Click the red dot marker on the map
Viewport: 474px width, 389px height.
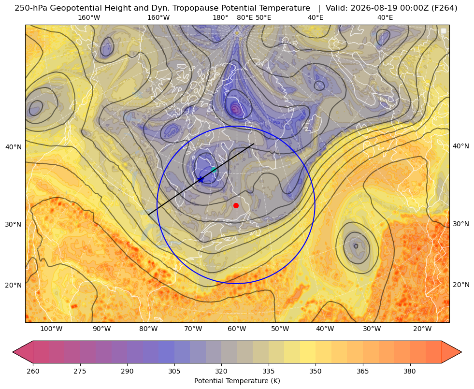[x=236, y=205]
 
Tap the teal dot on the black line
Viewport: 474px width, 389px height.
[x=214, y=170]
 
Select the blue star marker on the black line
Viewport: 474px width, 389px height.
[x=201, y=180]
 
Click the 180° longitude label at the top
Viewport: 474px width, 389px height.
[x=220, y=18]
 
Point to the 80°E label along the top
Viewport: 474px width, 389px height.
[x=244, y=18]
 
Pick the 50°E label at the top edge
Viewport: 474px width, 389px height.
[x=263, y=18]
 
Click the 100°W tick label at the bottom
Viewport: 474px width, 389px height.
[x=51, y=329]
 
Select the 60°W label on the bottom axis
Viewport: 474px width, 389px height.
[x=237, y=329]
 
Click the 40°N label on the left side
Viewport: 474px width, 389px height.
[x=14, y=147]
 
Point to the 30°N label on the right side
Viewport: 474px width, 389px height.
[x=460, y=224]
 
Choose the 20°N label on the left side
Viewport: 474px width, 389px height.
[x=14, y=285]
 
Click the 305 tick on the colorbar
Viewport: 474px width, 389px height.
[x=174, y=371]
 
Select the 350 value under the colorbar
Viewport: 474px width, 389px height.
[x=316, y=371]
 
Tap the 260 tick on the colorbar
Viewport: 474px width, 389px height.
[x=33, y=371]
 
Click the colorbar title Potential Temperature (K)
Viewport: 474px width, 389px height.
[x=237, y=381]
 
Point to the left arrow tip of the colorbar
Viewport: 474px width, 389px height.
[x=13, y=352]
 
